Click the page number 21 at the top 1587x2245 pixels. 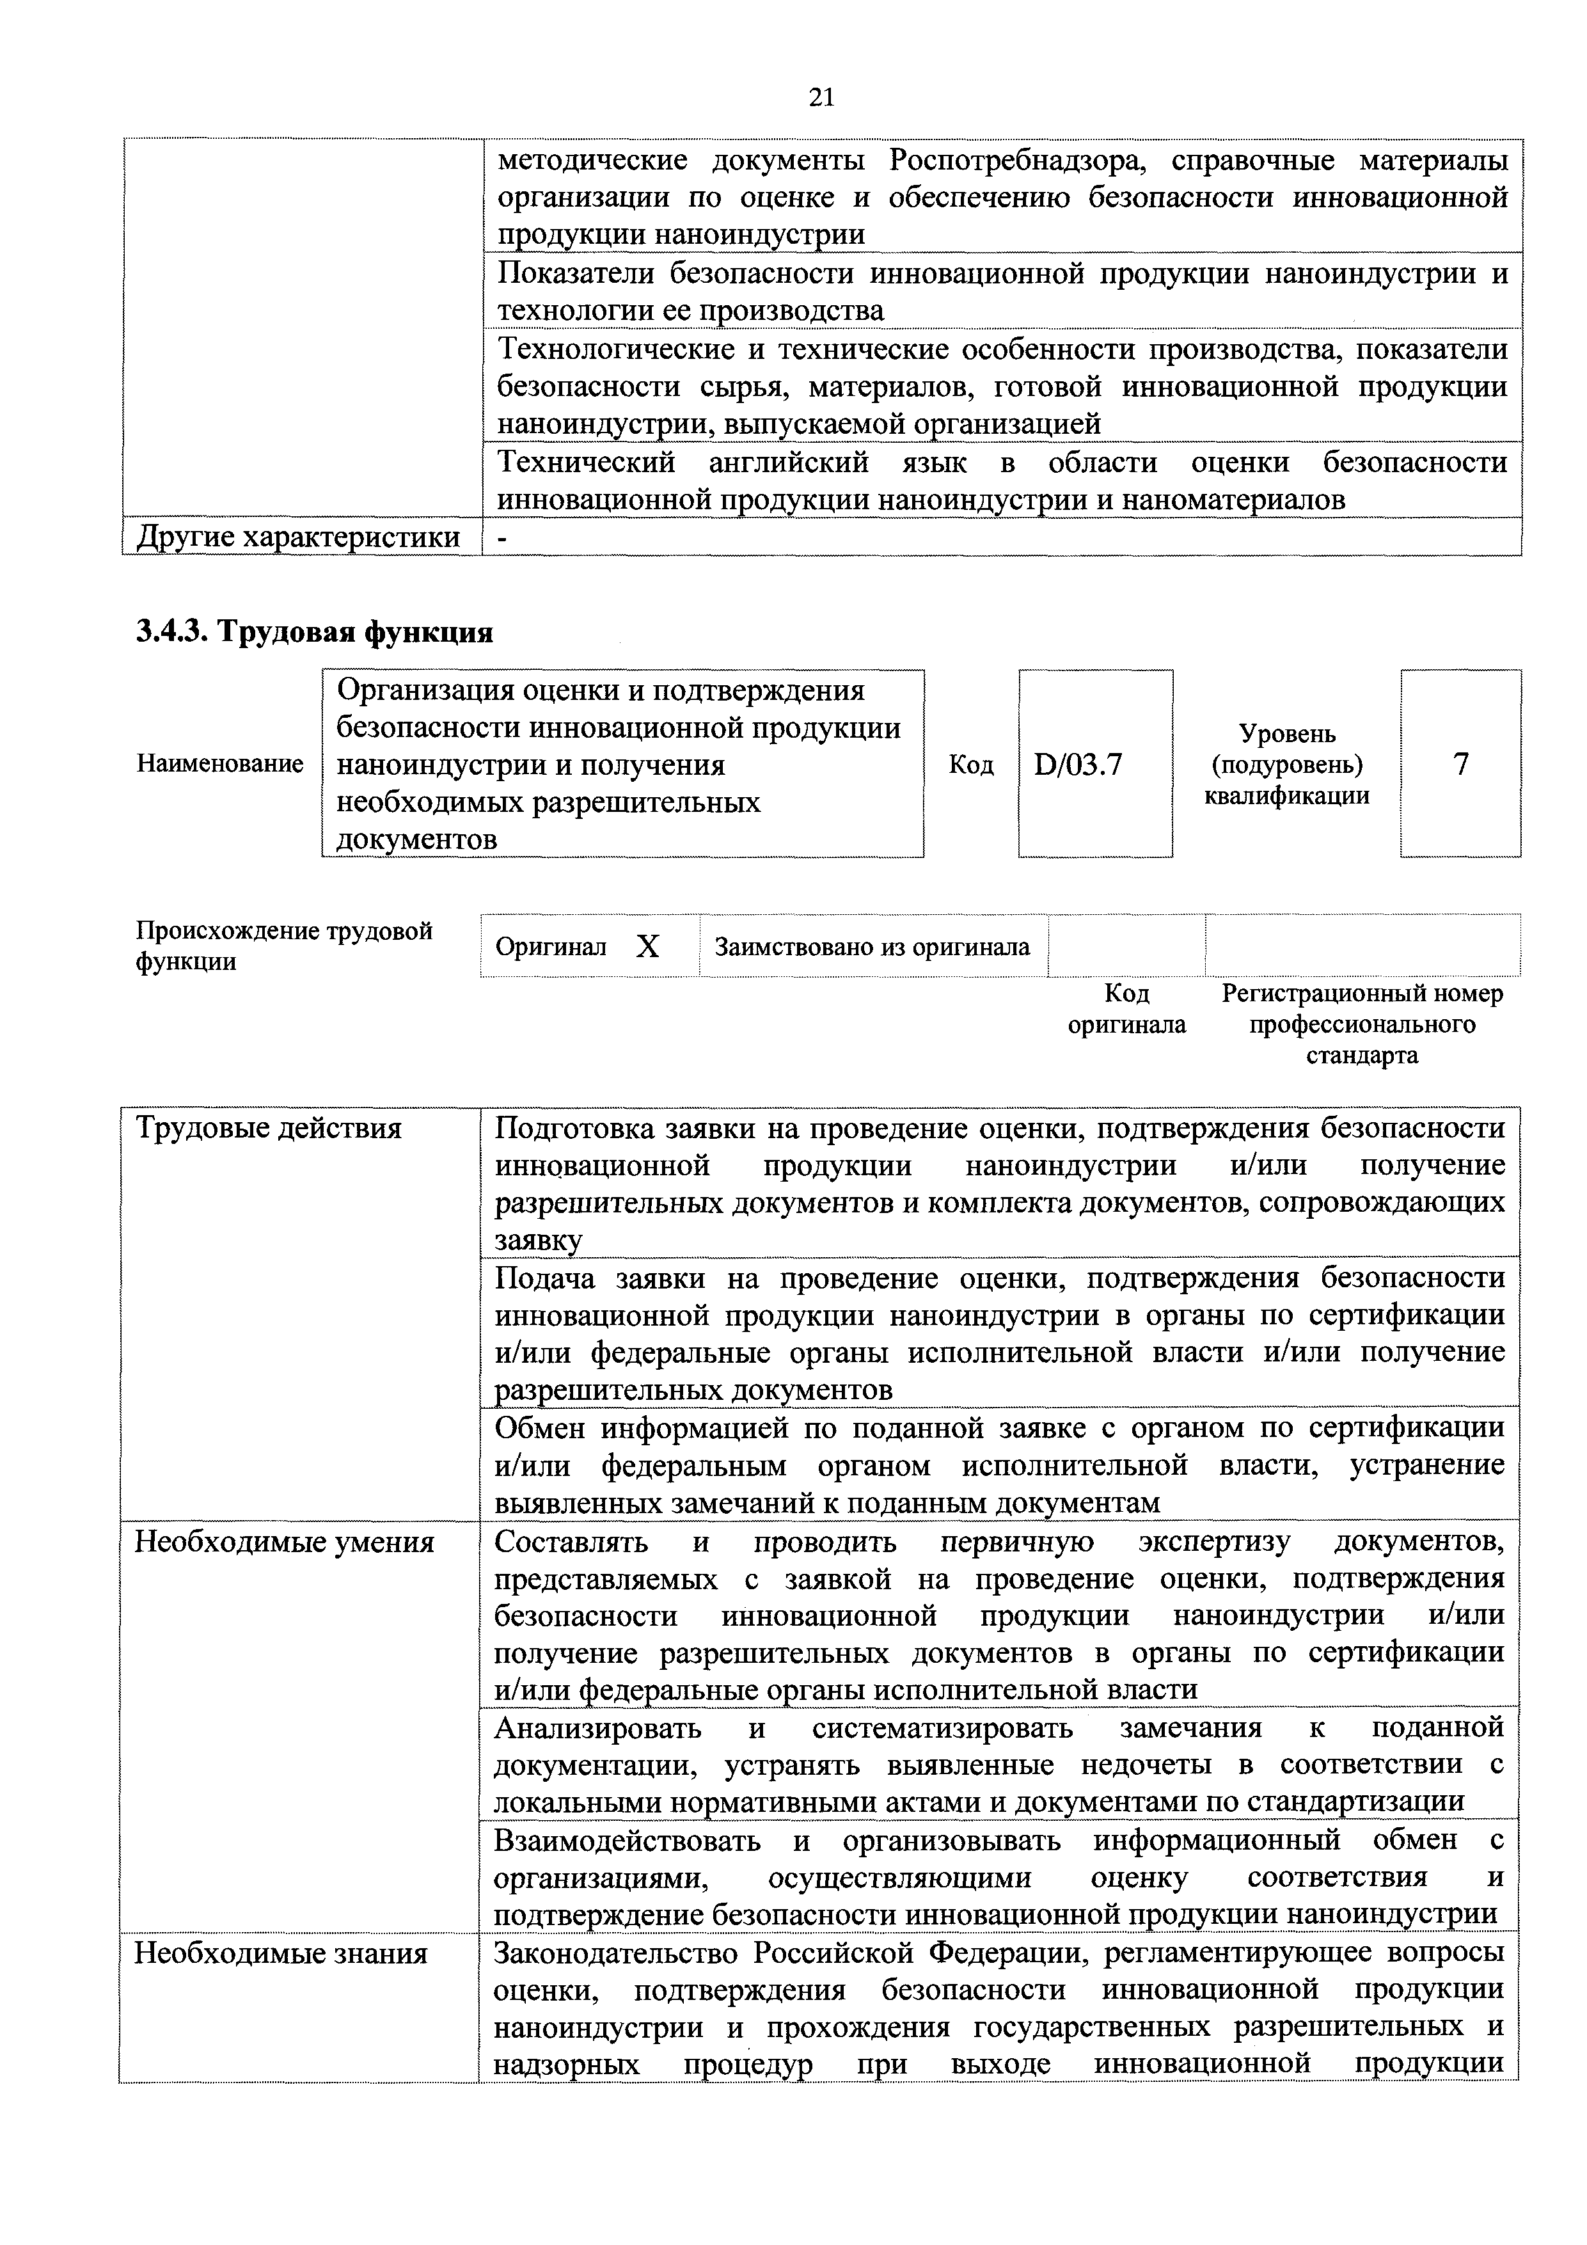coord(821,96)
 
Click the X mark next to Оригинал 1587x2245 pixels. coord(647,946)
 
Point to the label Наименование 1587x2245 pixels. coord(220,764)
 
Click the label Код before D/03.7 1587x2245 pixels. coord(971,765)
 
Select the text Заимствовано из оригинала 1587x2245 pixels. coord(872,946)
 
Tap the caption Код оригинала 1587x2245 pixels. coord(1126,1008)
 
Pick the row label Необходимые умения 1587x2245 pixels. coord(283,1542)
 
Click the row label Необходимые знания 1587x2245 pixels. coord(281,1954)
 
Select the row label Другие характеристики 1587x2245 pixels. coord(298,537)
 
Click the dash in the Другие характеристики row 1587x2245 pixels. coord(503,537)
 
